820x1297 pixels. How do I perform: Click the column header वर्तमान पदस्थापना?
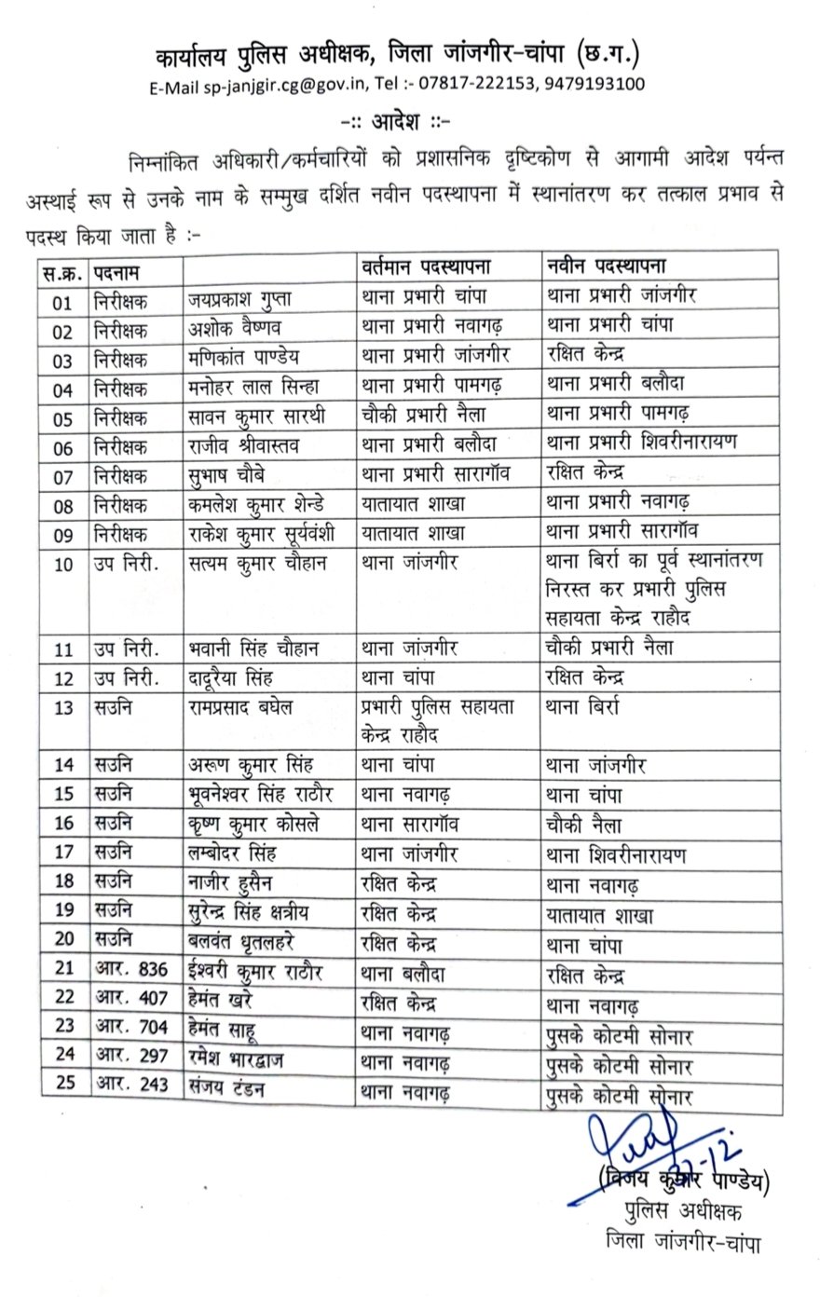(426, 266)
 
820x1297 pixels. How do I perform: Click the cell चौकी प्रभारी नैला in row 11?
(611, 648)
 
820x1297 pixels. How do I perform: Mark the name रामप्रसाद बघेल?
(239, 706)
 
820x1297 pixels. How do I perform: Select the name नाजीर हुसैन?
(229, 883)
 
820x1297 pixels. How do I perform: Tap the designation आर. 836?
(130, 970)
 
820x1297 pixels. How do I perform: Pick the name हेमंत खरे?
(220, 1001)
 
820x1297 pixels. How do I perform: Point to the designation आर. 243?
(130, 1085)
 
